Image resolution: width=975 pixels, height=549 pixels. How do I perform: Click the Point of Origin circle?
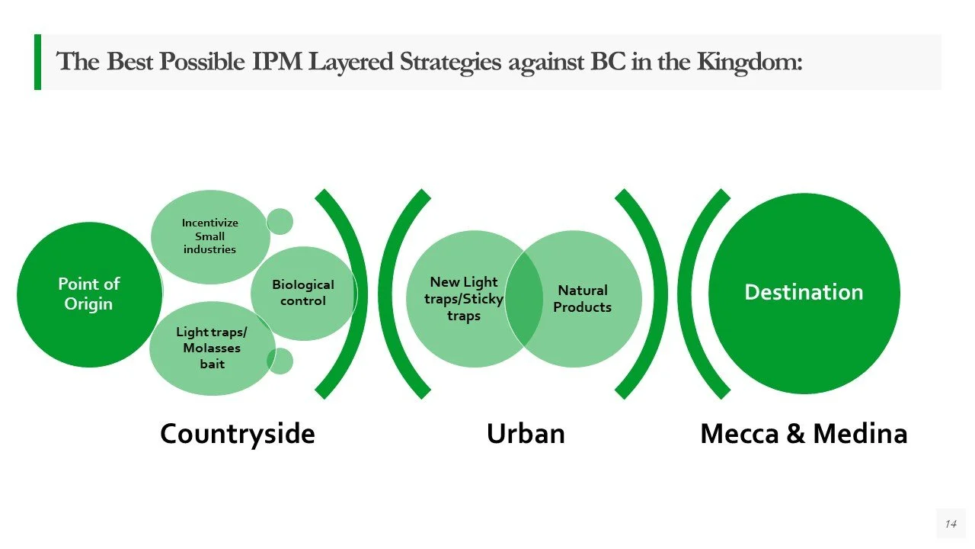[89, 294]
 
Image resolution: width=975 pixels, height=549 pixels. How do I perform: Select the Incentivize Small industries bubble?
[209, 236]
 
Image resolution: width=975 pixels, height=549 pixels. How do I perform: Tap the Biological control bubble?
[303, 293]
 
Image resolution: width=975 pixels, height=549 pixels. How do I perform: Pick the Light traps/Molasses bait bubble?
[212, 348]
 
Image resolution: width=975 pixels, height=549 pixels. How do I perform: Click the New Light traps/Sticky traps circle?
[457, 299]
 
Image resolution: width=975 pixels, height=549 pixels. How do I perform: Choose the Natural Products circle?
[587, 299]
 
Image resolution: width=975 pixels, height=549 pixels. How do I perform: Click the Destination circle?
[804, 293]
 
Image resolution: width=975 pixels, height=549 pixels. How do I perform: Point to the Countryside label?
[237, 434]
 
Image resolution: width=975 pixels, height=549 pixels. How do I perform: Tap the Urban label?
[526, 434]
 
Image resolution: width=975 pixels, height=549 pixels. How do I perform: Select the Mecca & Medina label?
[804, 434]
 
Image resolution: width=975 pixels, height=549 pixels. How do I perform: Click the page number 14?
[950, 524]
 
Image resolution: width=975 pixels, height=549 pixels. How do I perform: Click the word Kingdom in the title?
[750, 61]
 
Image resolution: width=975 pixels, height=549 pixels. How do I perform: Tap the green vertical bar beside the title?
[37, 62]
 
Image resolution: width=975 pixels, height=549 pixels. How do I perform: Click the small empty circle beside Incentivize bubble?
[280, 221]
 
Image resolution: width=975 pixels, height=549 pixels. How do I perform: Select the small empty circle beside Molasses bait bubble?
[280, 361]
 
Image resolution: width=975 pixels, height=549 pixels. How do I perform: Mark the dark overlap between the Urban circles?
[523, 299]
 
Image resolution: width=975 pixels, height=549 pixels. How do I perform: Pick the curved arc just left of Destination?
[695, 293]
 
